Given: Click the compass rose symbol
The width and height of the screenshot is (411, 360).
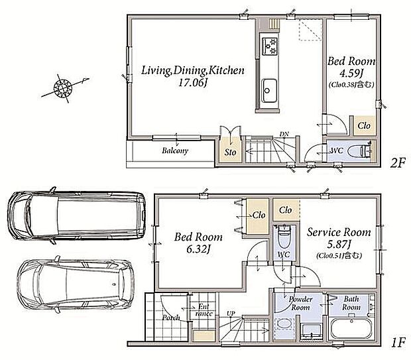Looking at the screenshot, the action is click(64, 88).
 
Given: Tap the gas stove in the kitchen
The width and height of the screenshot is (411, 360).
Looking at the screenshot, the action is click(270, 46).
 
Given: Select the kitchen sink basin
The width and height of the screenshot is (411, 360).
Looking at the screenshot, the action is click(269, 91).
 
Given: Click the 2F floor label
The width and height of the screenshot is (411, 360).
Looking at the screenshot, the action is click(398, 163).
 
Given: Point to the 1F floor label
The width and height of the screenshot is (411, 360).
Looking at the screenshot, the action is click(398, 342).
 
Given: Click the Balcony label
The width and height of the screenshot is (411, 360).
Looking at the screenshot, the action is click(175, 150).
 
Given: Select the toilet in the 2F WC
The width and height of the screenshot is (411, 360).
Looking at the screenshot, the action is click(360, 151).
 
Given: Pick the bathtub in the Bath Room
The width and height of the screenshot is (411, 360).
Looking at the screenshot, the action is click(351, 329).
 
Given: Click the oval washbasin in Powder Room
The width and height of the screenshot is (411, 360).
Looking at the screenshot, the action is click(283, 324).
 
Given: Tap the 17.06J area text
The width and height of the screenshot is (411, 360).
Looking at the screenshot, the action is click(193, 83).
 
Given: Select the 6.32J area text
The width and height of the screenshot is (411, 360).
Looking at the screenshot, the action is click(198, 249).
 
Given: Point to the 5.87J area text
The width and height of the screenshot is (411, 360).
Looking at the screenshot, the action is click(339, 245).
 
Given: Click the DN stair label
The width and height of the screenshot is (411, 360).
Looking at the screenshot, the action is click(284, 134).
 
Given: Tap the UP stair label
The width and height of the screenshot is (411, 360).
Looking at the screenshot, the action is click(231, 313).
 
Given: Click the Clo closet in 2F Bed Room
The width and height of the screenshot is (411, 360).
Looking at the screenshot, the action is click(364, 125).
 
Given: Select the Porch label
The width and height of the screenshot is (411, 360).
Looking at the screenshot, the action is click(171, 318).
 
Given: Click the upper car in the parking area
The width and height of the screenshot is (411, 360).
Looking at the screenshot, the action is click(76, 215).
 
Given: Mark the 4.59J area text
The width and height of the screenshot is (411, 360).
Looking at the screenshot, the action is click(351, 74).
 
